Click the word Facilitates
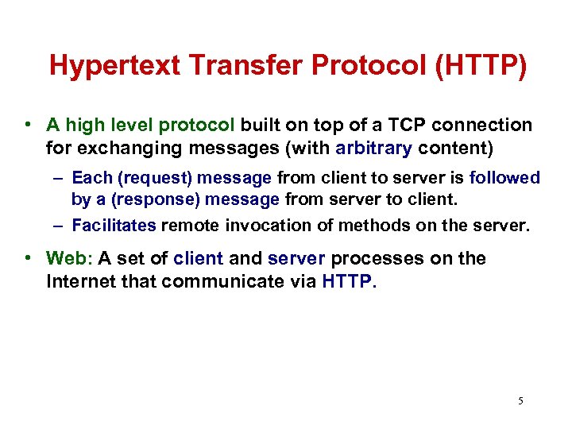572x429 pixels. (x=114, y=226)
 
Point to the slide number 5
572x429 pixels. (x=520, y=400)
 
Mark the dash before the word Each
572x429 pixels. (x=60, y=178)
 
